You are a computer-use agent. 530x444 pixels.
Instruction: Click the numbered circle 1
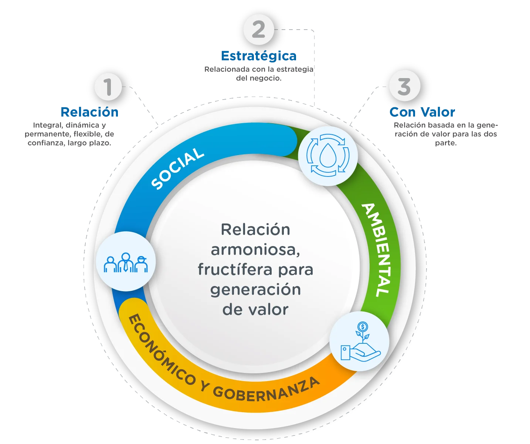click(108, 87)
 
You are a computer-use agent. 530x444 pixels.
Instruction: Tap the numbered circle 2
click(259, 30)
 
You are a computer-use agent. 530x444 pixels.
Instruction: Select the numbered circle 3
click(404, 86)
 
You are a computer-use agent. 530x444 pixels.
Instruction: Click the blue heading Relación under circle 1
click(89, 112)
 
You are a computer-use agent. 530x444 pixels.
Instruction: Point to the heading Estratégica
click(259, 56)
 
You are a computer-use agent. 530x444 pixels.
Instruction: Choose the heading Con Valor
click(422, 112)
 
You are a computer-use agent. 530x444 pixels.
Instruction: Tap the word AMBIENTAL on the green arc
click(377, 250)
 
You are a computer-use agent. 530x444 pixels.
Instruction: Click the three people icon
click(126, 262)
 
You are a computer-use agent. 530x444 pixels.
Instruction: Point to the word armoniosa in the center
click(255, 250)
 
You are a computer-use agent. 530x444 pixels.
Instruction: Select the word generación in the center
click(255, 290)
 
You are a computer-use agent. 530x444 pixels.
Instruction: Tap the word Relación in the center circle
click(255, 230)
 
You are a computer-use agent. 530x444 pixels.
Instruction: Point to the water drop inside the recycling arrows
click(327, 156)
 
